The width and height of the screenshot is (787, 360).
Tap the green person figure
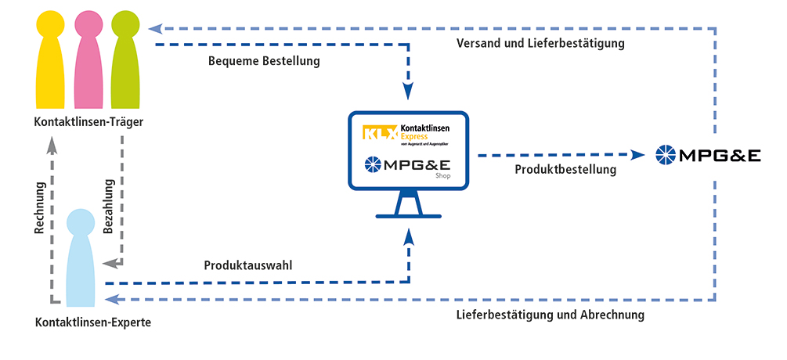tap(125, 67)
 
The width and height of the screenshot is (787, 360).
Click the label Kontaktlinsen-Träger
tap(88, 122)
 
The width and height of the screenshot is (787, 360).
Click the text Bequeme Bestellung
tap(264, 61)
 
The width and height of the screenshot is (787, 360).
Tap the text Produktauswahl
tap(248, 265)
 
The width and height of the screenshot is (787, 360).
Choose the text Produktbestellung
tap(565, 169)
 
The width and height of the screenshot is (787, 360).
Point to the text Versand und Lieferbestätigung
tap(540, 44)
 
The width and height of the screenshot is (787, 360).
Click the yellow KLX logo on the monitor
tap(380, 132)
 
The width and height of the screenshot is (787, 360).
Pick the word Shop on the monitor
tap(443, 177)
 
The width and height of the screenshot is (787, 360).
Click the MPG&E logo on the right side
tap(708, 155)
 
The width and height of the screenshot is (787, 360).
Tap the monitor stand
tap(409, 208)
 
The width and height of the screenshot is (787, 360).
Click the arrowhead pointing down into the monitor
tap(409, 92)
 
